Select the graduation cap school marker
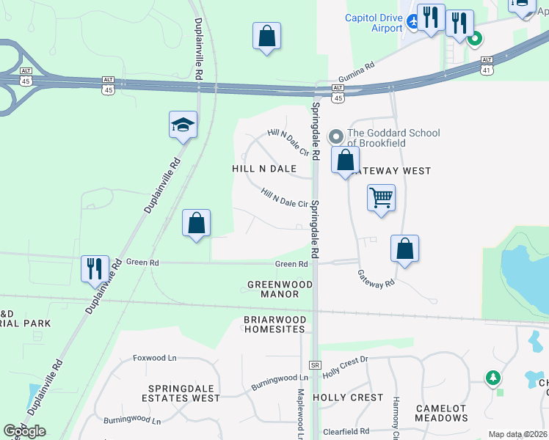(x=183, y=125)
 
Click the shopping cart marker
(x=381, y=197)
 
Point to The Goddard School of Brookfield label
(x=393, y=138)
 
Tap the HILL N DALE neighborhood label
(x=264, y=169)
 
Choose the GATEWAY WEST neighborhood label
(x=390, y=171)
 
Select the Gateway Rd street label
(x=376, y=278)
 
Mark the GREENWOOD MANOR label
(x=273, y=289)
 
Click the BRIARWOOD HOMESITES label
(x=274, y=325)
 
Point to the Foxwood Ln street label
(x=155, y=358)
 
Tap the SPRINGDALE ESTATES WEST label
(x=183, y=393)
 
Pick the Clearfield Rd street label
(x=344, y=432)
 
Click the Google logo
(x=24, y=431)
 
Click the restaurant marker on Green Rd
(x=95, y=268)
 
